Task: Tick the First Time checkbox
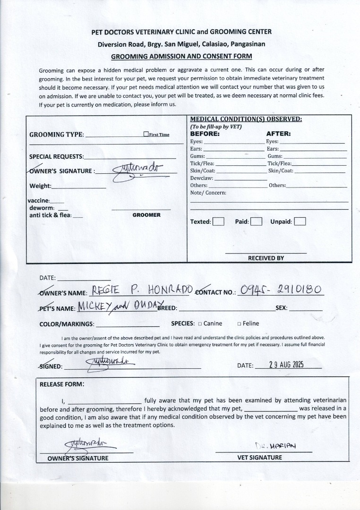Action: click(x=146, y=134)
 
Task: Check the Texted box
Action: click(x=218, y=221)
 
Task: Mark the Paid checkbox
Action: click(x=256, y=221)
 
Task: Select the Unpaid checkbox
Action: click(x=300, y=221)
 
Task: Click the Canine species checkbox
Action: click(x=200, y=324)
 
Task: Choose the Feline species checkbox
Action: click(x=239, y=324)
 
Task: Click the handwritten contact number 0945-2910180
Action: click(x=282, y=290)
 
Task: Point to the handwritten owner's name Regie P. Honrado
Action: click(x=141, y=290)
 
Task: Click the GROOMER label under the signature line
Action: click(x=146, y=215)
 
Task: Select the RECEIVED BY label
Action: click(x=266, y=258)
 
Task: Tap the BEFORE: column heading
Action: click(x=205, y=134)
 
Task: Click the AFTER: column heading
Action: click(x=278, y=134)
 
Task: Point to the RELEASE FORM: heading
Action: click(x=61, y=384)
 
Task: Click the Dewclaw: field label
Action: click(x=202, y=178)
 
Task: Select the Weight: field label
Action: click(x=41, y=186)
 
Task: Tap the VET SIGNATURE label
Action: click(x=260, y=457)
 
